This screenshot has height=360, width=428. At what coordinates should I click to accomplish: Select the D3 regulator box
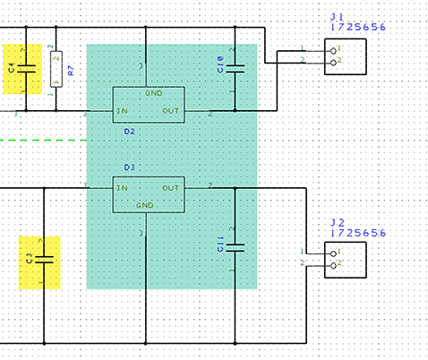[x=147, y=195]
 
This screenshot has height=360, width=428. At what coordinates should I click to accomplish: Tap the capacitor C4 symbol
[x=27, y=68]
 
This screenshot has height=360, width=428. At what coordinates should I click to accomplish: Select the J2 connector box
[x=346, y=260]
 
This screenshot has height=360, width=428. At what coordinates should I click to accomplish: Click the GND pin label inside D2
[x=154, y=93]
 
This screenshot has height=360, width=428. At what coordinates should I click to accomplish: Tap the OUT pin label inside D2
[x=170, y=112]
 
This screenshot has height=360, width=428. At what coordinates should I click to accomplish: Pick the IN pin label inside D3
[x=121, y=188]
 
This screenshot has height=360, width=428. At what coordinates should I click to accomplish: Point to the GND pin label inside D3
[x=146, y=205]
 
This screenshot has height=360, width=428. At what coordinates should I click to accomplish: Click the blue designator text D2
[x=129, y=131]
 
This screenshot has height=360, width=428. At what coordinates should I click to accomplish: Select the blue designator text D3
[x=129, y=167]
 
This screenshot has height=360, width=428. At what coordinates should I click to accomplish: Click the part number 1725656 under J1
[x=358, y=28]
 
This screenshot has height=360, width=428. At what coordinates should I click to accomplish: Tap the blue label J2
[x=338, y=222]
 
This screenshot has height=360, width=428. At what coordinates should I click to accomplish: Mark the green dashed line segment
[x=39, y=140]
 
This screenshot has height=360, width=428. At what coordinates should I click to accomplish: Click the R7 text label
[x=72, y=69]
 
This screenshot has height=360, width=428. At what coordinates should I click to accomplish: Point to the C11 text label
[x=220, y=243]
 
